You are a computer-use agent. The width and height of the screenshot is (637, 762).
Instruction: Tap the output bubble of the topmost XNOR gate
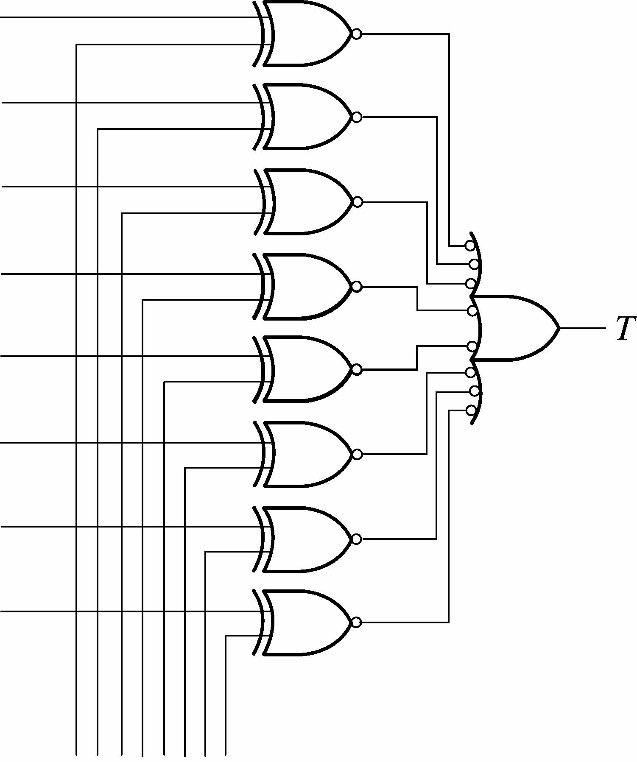tap(357, 34)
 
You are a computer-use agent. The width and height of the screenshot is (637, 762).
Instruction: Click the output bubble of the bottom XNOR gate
tap(357, 622)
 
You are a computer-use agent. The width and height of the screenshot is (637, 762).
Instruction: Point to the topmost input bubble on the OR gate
tap(470, 246)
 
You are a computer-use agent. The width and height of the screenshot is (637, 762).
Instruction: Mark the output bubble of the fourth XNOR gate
tap(357, 287)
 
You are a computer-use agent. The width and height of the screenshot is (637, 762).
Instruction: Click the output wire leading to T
tap(583, 328)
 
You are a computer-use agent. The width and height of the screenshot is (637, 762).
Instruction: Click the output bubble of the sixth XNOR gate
tap(357, 454)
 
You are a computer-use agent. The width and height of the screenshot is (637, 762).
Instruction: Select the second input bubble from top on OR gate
tap(474, 264)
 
